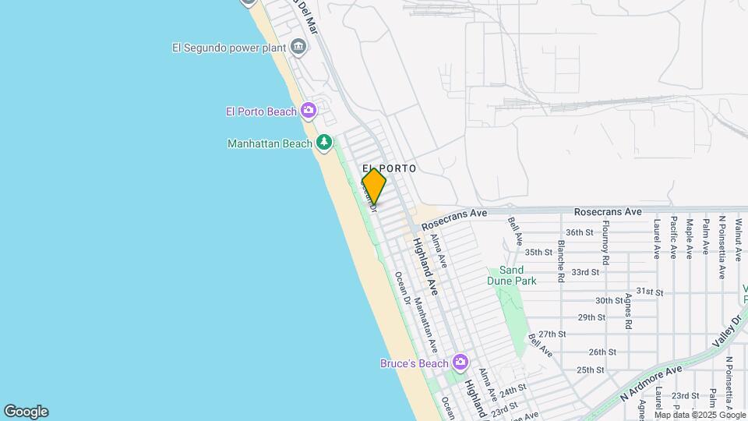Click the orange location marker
click(x=374, y=186)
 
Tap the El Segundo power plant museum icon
click(x=298, y=48)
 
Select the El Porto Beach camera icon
click(x=309, y=111)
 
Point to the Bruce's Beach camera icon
click(x=460, y=363)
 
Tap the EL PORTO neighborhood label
click(x=389, y=168)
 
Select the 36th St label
click(x=580, y=232)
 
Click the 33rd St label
click(x=584, y=272)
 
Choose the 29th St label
click(x=591, y=317)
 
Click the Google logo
click(x=26, y=412)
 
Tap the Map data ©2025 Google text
click(x=700, y=415)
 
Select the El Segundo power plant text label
click(x=228, y=48)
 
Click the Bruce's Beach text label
click(x=414, y=363)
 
